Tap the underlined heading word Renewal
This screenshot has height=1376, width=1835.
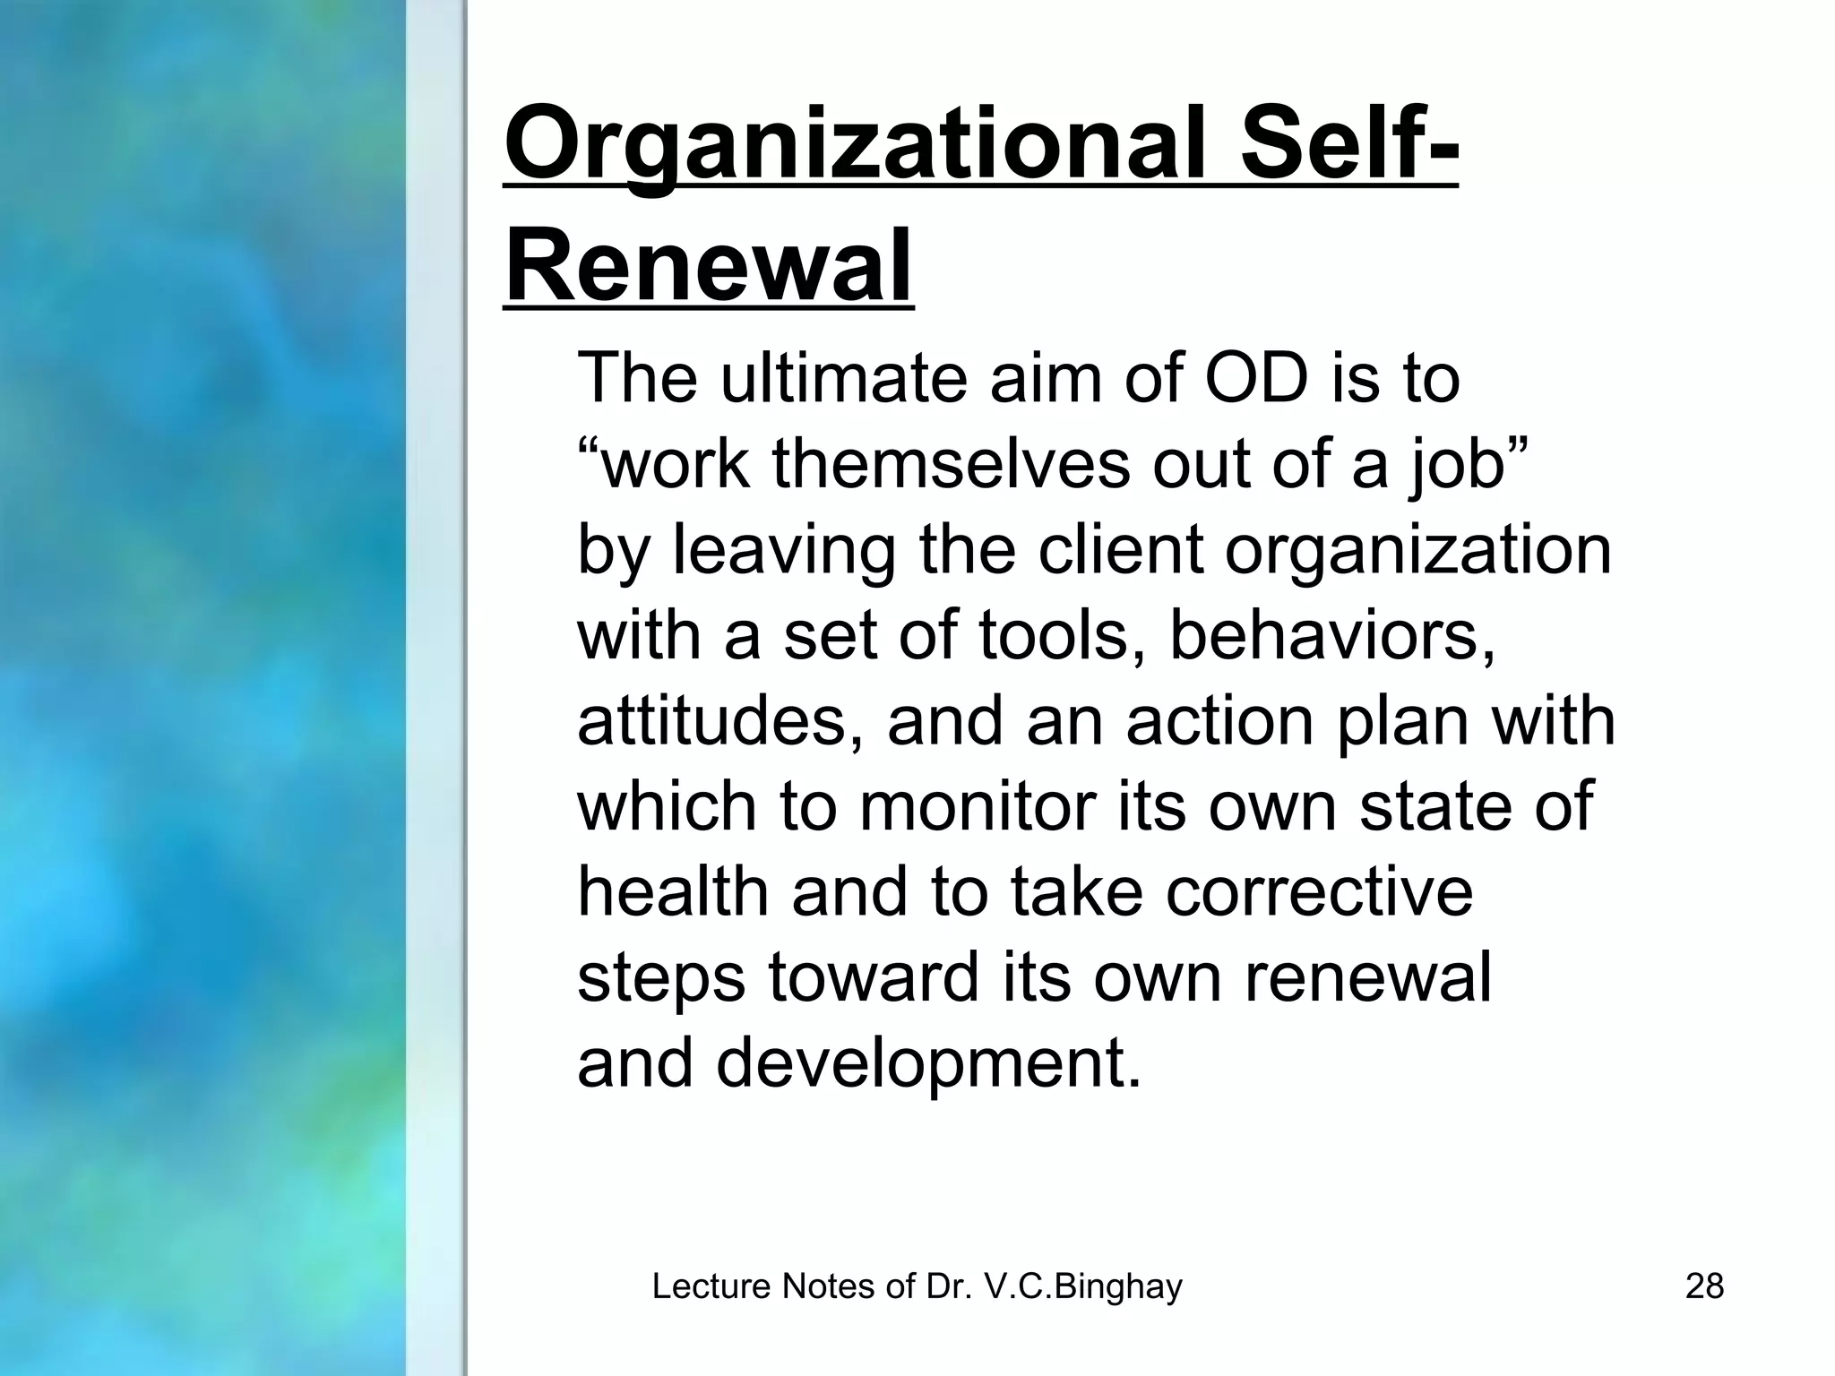708,267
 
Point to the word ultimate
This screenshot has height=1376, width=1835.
842,378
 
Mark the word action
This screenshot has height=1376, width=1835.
1219,720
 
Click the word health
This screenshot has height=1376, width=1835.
673,892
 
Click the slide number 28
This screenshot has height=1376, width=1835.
1704,1286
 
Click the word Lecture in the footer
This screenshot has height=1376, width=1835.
711,1286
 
